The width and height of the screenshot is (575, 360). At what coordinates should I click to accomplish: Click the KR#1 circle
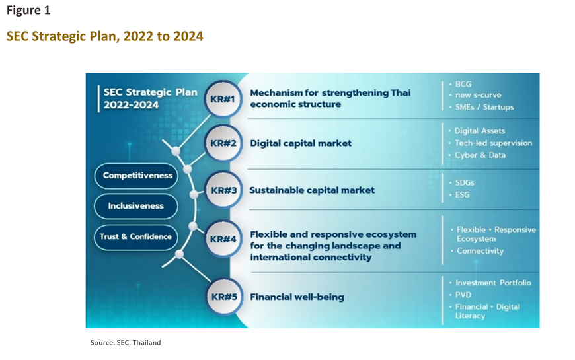[223, 99]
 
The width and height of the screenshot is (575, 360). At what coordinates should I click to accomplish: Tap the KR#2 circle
[223, 143]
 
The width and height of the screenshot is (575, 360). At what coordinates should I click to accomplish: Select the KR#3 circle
[223, 190]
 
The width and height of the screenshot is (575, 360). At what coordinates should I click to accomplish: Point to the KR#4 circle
[223, 239]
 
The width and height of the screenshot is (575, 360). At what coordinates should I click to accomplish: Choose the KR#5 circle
[224, 296]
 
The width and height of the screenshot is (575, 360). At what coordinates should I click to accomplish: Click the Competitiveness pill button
[136, 176]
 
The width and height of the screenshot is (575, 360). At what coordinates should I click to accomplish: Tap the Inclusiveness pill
[136, 206]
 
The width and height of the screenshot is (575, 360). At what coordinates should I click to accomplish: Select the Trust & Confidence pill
[136, 237]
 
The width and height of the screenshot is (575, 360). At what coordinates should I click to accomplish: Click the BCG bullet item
[461, 84]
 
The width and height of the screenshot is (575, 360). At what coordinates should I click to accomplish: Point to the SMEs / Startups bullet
[482, 107]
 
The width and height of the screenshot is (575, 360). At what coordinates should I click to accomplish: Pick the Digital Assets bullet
[477, 131]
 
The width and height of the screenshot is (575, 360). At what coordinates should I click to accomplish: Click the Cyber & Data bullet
[477, 155]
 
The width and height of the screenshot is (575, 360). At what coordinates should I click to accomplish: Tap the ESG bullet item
[460, 195]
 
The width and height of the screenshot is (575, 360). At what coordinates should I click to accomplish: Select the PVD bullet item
[460, 295]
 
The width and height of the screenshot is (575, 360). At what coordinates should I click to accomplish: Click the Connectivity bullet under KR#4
[477, 251]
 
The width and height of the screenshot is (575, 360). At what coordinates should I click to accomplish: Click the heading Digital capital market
[301, 143]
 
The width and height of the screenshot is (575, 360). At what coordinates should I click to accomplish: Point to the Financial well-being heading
[297, 297]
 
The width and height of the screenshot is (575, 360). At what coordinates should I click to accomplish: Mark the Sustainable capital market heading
[312, 190]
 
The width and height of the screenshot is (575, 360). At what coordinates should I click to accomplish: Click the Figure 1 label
[28, 11]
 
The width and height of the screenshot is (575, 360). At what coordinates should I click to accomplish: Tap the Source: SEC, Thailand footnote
[126, 343]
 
